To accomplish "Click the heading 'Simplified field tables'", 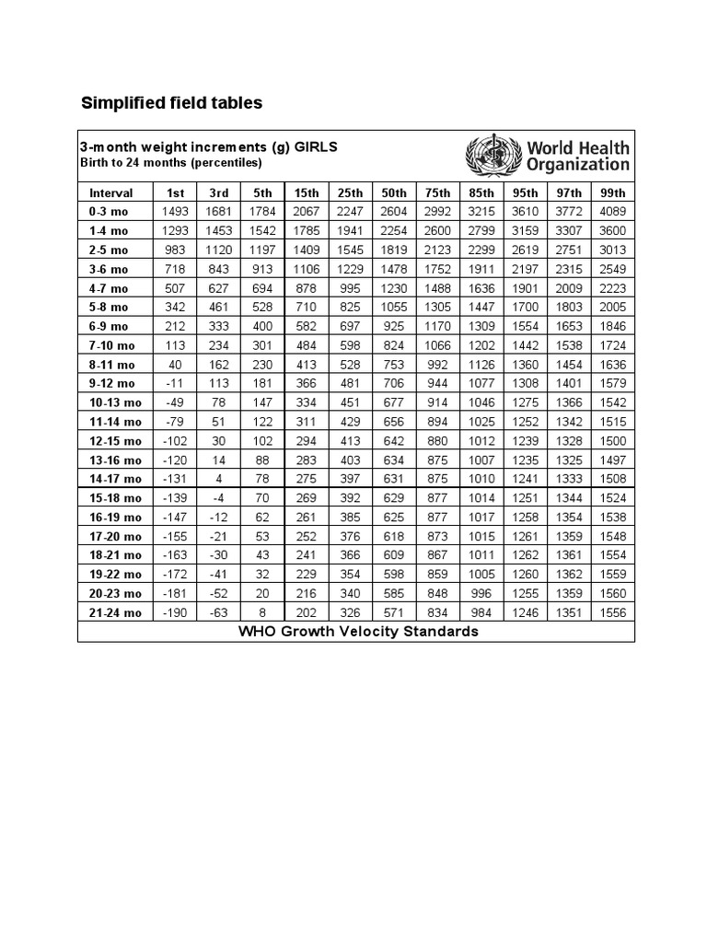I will pos(172,103).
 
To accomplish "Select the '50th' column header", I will pos(394,192).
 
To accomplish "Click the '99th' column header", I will pos(613,192).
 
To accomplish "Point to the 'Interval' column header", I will pos(111,192).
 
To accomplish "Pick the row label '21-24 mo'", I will pos(115,613).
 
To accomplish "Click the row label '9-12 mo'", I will pos(112,383).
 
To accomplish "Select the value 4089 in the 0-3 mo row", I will pos(613,212).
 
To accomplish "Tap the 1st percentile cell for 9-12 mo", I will pos(175,383).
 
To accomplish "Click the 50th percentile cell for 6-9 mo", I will pos(394,326).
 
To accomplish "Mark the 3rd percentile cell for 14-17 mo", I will pos(218,479).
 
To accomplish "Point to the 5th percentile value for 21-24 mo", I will pos(262,613).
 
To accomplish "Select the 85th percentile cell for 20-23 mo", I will pos(481,594).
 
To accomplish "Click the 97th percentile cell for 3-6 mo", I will pos(569,269).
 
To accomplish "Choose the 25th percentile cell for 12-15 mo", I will pos(350,440).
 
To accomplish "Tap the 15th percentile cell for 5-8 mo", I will pos(307,307).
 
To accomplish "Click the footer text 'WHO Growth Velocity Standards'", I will pos(358,632).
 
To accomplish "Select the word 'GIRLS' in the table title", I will pos(316,147).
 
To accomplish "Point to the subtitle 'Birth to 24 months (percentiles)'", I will pos(172,163).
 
